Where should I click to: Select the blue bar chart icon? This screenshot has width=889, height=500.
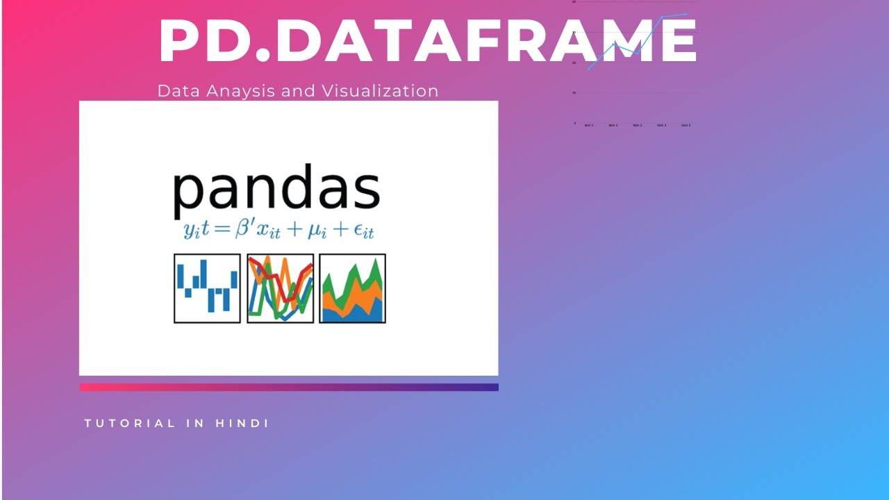207,288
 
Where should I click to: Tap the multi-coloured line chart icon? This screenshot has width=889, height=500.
280,288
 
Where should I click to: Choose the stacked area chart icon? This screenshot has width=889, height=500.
352,288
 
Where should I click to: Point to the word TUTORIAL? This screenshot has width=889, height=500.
130,423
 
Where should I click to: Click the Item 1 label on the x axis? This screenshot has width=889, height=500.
589,125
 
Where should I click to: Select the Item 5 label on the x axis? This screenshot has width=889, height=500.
686,125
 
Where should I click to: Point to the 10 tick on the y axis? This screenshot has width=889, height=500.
574,92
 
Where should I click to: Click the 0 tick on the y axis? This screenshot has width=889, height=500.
574,123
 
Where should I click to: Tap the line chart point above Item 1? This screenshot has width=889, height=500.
589,68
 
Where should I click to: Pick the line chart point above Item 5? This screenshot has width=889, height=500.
686,14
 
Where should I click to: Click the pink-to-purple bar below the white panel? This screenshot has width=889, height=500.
289,387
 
